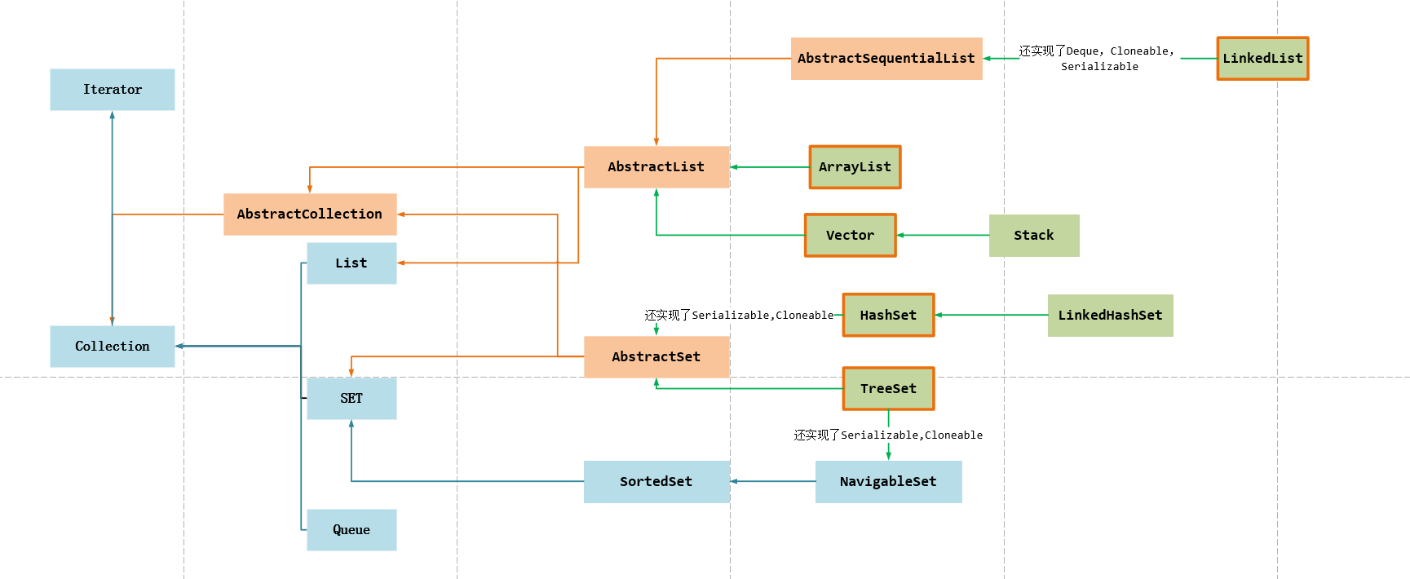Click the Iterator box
point(113,90)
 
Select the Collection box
point(113,347)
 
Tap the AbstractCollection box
point(310,214)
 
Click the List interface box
point(351,263)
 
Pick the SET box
point(351,398)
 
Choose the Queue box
point(351,530)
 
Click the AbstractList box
point(656,167)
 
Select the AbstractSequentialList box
point(886,59)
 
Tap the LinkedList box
point(1262,59)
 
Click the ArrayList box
point(855,167)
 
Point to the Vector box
point(850,236)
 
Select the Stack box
point(1034,236)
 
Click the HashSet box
point(888,316)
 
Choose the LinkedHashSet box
point(1110,316)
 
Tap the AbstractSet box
point(656,357)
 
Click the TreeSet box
point(888,389)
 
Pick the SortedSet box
point(656,482)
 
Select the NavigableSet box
point(888,482)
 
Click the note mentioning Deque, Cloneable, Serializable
point(1098,59)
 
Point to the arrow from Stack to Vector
point(943,235)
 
